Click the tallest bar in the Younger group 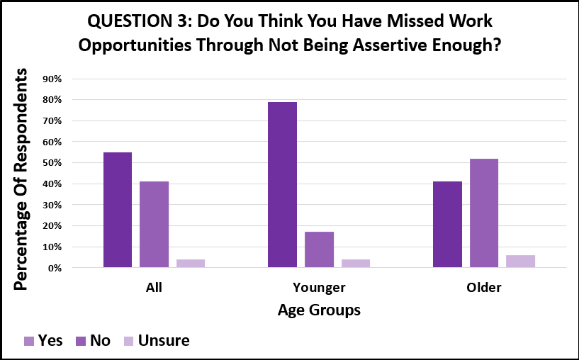[x=282, y=185]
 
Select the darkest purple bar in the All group [x=117, y=210]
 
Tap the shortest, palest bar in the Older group [x=520, y=261]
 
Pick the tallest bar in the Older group [x=483, y=213]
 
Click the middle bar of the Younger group [x=319, y=249]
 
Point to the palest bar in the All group [x=191, y=263]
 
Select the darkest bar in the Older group [x=447, y=225]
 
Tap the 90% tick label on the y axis [x=52, y=79]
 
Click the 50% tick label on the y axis [x=52, y=163]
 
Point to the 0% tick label [x=55, y=269]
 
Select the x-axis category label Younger [x=318, y=288]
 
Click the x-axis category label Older [x=483, y=288]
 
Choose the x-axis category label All [x=154, y=288]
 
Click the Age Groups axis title [x=318, y=310]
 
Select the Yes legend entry [x=43, y=341]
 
